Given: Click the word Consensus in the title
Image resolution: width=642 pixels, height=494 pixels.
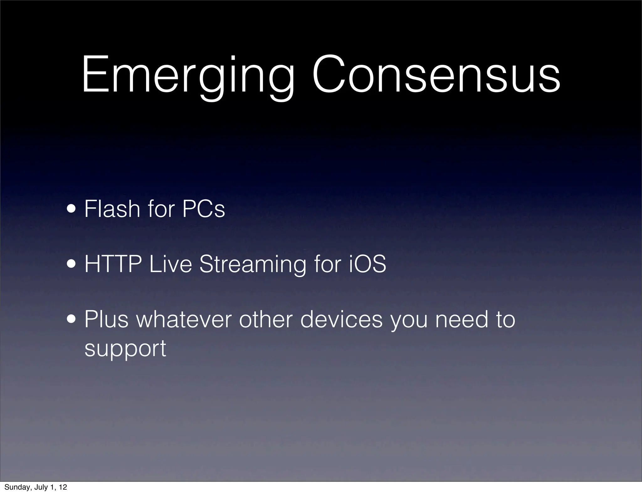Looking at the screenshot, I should tap(436, 75).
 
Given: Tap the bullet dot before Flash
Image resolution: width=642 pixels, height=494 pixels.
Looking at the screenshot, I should tap(73, 209).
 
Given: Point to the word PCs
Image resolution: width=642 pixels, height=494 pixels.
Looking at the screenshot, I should tap(203, 209).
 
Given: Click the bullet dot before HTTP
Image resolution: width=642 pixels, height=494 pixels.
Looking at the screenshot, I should tap(73, 264).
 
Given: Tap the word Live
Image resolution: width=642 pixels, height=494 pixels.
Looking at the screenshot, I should tap(170, 264).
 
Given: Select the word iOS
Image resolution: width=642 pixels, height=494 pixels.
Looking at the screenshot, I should tap(367, 264).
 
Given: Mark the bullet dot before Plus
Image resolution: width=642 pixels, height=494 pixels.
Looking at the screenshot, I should tap(73, 319).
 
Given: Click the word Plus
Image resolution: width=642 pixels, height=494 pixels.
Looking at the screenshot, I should tap(107, 319).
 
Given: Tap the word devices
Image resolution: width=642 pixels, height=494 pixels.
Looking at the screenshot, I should tap(342, 319).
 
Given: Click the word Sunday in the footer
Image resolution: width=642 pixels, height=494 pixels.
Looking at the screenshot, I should tap(17, 487).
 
